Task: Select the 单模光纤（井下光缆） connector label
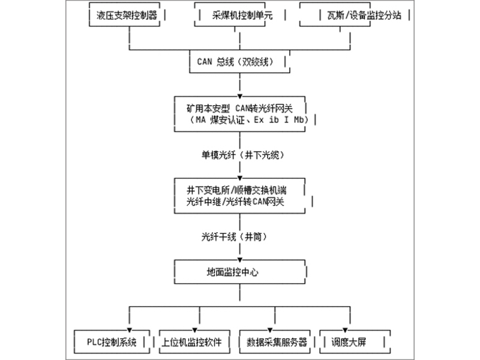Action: (x=240, y=154)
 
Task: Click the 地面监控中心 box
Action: (x=240, y=272)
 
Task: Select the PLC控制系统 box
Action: (x=108, y=343)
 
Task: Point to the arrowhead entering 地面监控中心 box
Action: (x=240, y=259)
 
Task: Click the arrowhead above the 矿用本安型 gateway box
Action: (x=240, y=95)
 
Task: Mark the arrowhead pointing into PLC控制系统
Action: (x=130, y=329)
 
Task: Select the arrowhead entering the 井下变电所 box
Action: (x=240, y=178)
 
